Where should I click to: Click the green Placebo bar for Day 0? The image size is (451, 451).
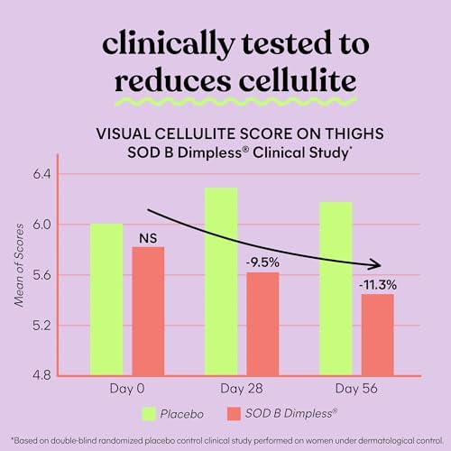106,299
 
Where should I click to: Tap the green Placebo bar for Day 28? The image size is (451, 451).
221,281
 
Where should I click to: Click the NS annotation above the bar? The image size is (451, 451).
148,238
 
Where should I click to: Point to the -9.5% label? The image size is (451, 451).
262,262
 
